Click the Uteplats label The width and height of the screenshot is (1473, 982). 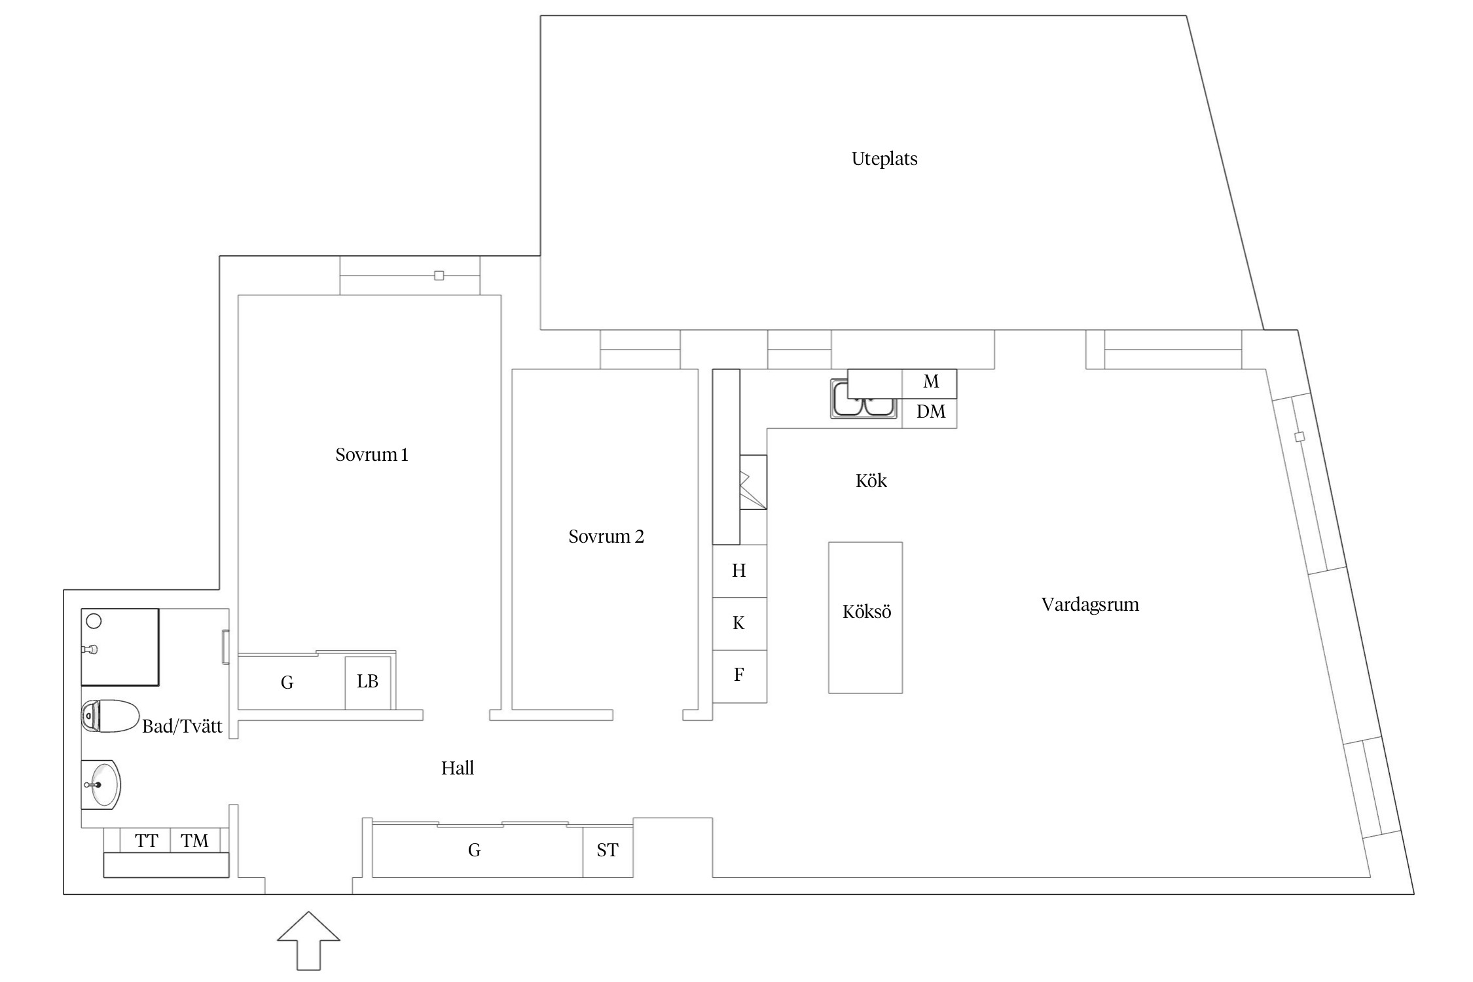click(884, 159)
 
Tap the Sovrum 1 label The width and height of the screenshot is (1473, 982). click(371, 455)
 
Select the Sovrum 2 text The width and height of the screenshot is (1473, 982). click(606, 537)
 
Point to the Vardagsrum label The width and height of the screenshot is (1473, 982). click(1089, 604)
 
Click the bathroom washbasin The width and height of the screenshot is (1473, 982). click(103, 784)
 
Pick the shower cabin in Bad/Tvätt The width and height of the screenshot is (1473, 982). click(120, 647)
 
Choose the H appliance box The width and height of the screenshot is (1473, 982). click(739, 571)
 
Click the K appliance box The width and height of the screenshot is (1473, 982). click(739, 623)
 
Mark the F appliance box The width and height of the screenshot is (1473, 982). click(739, 676)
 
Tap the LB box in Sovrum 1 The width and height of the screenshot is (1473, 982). click(367, 682)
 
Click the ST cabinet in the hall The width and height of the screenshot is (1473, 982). click(608, 850)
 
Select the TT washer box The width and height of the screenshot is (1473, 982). click(146, 841)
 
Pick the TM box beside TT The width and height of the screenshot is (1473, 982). click(194, 841)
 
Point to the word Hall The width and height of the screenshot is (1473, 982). click(457, 769)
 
